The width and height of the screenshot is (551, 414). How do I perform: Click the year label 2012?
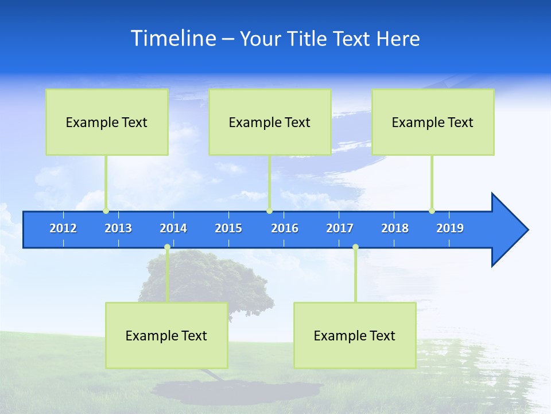click(x=63, y=228)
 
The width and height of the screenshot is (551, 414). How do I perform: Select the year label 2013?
click(x=118, y=228)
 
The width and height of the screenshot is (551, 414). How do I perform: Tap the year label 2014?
click(x=173, y=228)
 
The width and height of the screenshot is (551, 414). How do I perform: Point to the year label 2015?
click(x=228, y=228)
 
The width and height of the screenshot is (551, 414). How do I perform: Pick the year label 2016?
click(x=285, y=228)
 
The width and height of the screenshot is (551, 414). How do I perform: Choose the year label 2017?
click(x=340, y=228)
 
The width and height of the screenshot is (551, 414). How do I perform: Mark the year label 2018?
click(x=395, y=228)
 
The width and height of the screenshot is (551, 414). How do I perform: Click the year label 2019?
click(x=450, y=228)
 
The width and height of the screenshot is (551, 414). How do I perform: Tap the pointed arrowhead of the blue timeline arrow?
click(x=511, y=230)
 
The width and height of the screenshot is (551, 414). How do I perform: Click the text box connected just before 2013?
click(x=107, y=122)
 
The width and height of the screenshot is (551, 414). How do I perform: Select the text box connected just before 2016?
click(x=270, y=122)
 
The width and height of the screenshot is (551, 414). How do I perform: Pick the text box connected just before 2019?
click(x=433, y=122)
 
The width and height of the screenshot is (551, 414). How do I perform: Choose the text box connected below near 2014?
click(x=166, y=335)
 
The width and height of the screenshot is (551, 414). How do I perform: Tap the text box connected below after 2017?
click(x=355, y=335)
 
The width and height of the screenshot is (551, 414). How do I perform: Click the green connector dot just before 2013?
click(x=106, y=210)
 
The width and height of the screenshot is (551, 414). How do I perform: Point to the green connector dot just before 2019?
click(x=432, y=210)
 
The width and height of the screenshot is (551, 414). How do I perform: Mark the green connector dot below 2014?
click(x=167, y=247)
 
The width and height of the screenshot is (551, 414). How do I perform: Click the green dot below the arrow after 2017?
click(x=355, y=247)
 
